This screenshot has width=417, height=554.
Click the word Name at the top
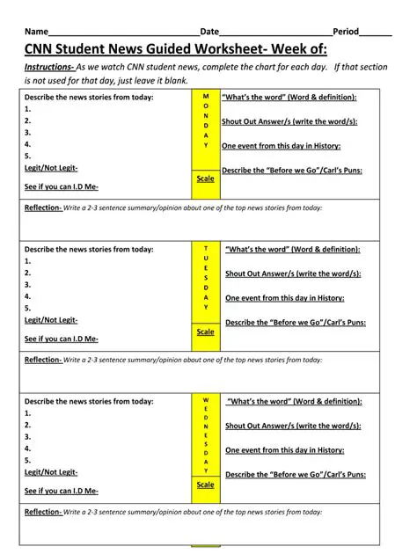(x=36, y=31)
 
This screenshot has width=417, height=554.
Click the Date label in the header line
(x=209, y=31)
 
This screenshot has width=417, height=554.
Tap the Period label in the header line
(x=346, y=31)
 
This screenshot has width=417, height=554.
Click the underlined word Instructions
(x=48, y=66)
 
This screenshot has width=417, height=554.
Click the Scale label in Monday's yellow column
(x=205, y=179)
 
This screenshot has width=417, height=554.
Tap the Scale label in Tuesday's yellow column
(x=205, y=332)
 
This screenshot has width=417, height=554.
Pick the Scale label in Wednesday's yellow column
(x=205, y=485)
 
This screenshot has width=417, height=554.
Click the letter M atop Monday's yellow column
(x=206, y=96)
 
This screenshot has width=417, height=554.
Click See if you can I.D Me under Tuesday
(x=62, y=339)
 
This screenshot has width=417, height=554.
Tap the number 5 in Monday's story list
(x=27, y=156)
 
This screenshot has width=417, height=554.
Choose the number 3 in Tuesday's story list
(x=27, y=285)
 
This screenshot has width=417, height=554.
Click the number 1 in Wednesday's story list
(x=27, y=413)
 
